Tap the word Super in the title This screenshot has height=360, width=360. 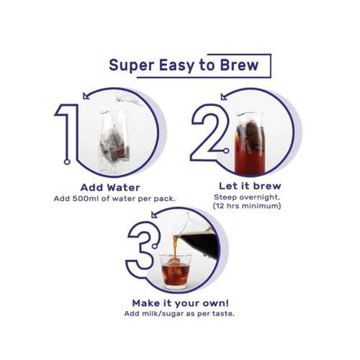point(132,66)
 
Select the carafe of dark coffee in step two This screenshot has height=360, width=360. point(248,140)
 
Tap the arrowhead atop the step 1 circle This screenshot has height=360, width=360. point(87,94)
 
